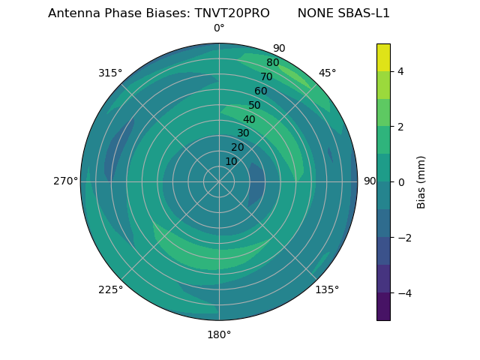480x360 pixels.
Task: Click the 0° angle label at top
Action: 219,28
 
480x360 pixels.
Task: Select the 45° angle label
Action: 327,73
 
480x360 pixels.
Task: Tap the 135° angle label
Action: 327,289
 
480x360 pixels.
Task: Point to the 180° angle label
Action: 219,334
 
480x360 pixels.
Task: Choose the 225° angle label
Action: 110,289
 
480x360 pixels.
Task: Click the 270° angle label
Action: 65,181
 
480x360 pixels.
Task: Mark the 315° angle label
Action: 110,73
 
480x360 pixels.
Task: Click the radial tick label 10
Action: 231,161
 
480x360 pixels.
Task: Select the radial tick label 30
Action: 243,133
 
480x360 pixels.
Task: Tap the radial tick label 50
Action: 254,106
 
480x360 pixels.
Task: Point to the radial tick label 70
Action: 266,77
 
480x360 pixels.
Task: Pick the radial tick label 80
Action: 272,63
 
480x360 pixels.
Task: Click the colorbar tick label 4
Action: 400,71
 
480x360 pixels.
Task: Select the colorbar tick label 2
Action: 400,127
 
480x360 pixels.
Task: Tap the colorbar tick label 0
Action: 400,182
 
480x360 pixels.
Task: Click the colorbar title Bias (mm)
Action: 421,182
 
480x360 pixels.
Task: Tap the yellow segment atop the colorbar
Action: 383,57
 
